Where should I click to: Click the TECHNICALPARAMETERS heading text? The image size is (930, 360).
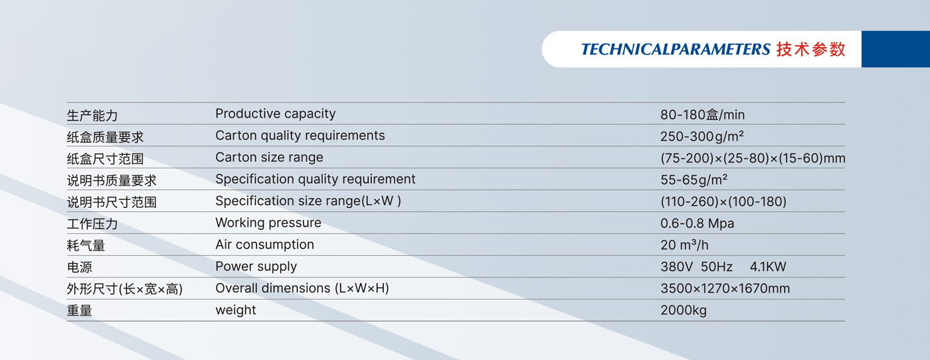(676, 49)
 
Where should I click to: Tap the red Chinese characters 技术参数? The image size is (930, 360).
(811, 49)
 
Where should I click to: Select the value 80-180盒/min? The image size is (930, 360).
(703, 115)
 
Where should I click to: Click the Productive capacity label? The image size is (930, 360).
(275, 114)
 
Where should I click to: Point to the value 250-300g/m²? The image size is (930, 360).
(702, 136)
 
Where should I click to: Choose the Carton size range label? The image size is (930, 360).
(269, 157)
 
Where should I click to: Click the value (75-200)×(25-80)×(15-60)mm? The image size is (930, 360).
(753, 158)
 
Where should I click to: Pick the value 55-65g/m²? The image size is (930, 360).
(694, 180)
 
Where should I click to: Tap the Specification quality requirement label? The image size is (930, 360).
(315, 179)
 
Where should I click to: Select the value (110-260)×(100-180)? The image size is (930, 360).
(723, 202)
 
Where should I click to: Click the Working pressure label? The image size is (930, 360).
(268, 223)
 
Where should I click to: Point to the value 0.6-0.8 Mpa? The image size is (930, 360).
(697, 223)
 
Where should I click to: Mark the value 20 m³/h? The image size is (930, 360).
(684, 245)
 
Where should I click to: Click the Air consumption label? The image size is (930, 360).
(264, 244)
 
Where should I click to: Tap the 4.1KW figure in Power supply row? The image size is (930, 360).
(768, 266)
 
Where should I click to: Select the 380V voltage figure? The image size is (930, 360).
(676, 266)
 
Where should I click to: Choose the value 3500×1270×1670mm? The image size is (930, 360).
(725, 288)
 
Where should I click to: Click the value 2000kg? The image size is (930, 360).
(684, 311)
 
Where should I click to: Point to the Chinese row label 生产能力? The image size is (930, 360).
(92, 116)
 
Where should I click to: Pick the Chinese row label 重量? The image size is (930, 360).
(79, 311)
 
